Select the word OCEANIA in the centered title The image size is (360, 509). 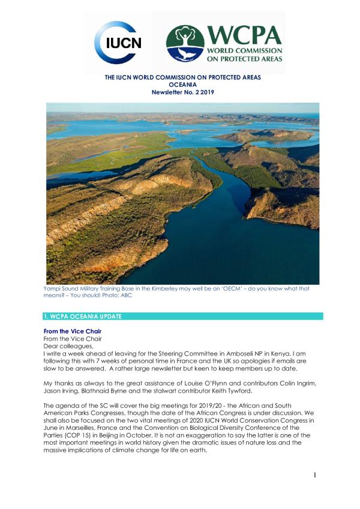tap(179, 85)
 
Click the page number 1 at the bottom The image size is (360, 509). tap(314, 475)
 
